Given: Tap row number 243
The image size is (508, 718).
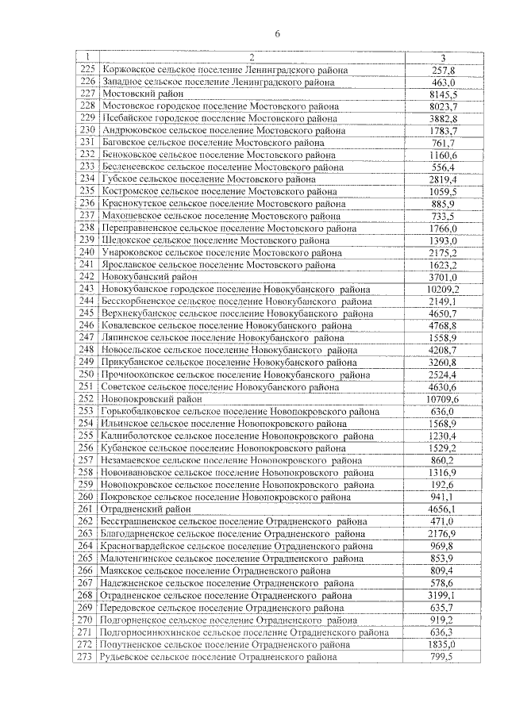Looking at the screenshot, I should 87,289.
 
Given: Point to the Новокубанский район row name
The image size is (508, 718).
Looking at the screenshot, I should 149,277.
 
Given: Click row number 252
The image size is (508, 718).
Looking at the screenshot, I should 87,399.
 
